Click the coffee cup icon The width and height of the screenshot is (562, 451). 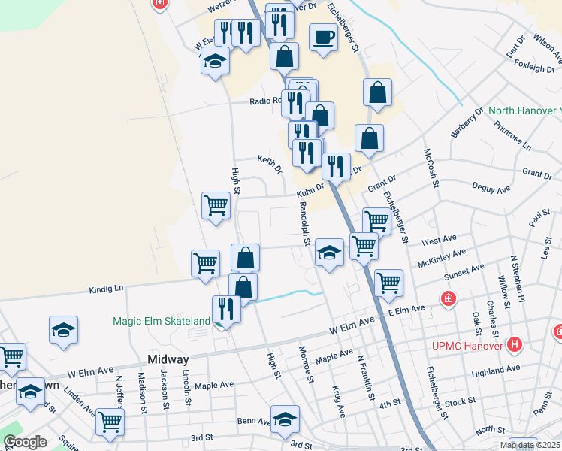pyautogui.click(x=323, y=38)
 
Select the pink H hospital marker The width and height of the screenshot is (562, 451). pyautogui.click(x=515, y=346)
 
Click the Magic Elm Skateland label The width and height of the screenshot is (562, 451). pyautogui.click(x=162, y=321)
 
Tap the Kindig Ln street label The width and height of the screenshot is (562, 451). pyautogui.click(x=105, y=288)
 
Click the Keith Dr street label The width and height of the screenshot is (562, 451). pyautogui.click(x=269, y=161)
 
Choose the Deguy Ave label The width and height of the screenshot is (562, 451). pyautogui.click(x=491, y=187)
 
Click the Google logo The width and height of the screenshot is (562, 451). pyautogui.click(x=25, y=442)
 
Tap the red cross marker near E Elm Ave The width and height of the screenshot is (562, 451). pyautogui.click(x=449, y=298)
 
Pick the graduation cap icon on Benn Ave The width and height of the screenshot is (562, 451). pyautogui.click(x=285, y=420)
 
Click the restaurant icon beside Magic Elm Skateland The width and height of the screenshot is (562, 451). pyautogui.click(x=225, y=309)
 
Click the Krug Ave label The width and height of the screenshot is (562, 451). pyautogui.click(x=337, y=402)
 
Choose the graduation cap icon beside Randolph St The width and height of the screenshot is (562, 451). pyautogui.click(x=329, y=253)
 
